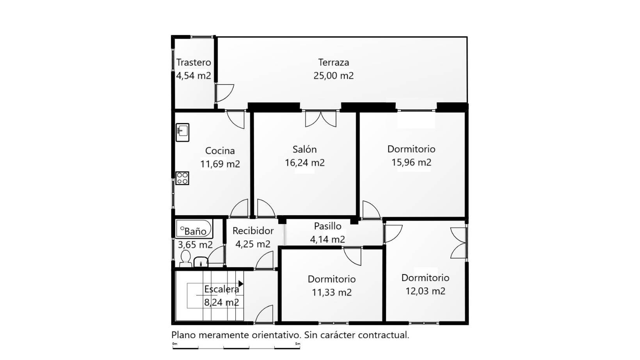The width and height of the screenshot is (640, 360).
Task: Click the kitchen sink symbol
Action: (182, 132)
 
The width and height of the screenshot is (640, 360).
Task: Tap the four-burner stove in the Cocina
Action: (182, 178)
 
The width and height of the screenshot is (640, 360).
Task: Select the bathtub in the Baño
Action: (194, 229)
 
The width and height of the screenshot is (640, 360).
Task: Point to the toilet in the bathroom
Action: (186, 258)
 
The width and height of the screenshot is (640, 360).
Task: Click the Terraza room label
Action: (333, 62)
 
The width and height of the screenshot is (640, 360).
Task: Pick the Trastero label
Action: (194, 62)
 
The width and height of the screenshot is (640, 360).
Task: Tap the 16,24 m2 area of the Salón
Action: (304, 163)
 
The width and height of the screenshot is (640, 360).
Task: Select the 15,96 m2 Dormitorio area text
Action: (411, 162)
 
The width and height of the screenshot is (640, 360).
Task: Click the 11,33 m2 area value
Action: (331, 292)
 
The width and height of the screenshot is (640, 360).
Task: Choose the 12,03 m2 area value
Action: (425, 291)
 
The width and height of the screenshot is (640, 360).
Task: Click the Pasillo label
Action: (327, 226)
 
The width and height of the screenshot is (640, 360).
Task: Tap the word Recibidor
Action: (253, 231)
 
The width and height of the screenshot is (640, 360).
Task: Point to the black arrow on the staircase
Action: (241, 283)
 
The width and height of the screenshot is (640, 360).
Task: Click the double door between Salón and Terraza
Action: (320, 119)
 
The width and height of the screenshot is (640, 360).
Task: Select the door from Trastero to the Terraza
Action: (224, 93)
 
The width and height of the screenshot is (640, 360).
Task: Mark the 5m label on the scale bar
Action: (298, 344)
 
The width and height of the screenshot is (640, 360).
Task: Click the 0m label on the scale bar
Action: (174, 344)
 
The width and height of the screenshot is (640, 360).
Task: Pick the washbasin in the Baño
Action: (201, 262)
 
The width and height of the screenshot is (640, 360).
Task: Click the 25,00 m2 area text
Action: (333, 76)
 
